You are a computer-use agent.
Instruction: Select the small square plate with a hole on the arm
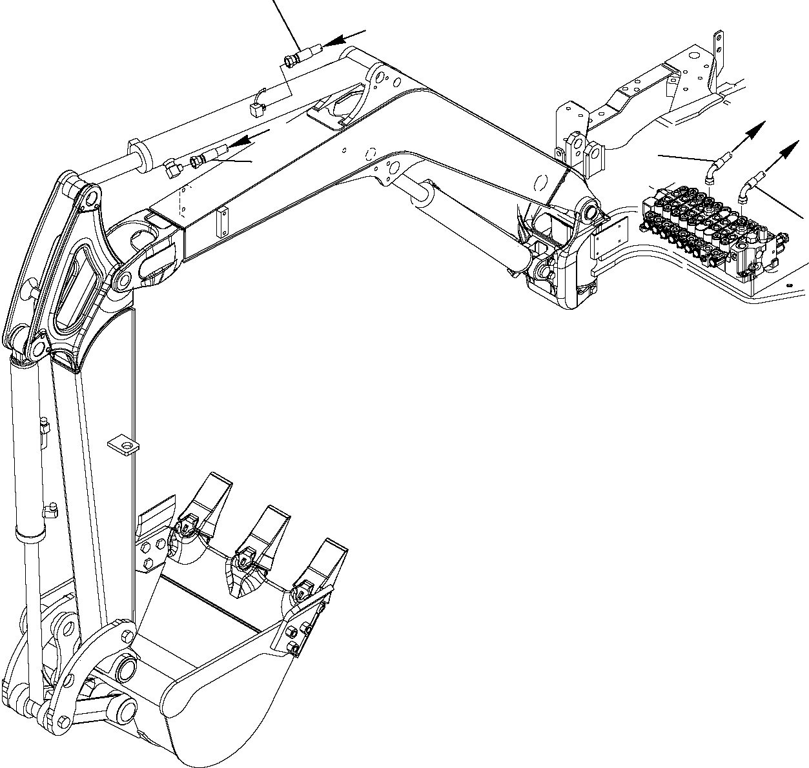tap(123, 445)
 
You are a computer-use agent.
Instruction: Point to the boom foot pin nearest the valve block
tap(589, 211)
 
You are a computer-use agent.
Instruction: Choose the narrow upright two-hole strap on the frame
tap(719, 52)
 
